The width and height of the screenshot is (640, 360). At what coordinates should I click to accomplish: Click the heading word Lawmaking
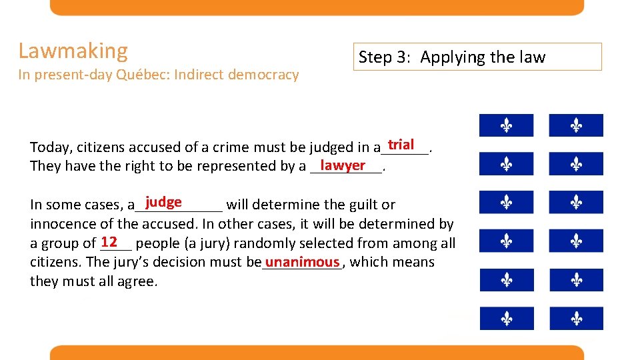pos(73,51)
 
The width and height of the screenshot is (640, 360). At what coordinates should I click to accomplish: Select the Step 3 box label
pos(452,57)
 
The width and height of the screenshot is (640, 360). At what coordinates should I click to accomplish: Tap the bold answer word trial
pos(401,145)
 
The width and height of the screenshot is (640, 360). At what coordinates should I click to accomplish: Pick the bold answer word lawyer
pos(343,165)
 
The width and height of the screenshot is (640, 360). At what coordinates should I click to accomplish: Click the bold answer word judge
pos(163,202)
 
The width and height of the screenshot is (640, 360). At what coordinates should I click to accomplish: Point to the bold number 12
pos(109,241)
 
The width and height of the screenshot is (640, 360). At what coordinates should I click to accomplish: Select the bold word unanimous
pos(302,262)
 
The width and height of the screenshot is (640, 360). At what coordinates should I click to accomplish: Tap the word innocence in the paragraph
pos(60,224)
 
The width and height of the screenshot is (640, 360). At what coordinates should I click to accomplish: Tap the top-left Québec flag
pos(506,125)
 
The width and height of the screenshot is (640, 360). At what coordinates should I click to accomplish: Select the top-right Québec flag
pos(576,125)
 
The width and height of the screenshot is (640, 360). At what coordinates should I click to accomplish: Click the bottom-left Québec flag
pos(506,319)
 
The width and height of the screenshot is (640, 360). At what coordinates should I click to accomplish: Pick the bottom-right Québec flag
pos(576,319)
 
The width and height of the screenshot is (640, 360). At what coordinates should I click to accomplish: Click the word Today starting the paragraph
pos(49,147)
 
